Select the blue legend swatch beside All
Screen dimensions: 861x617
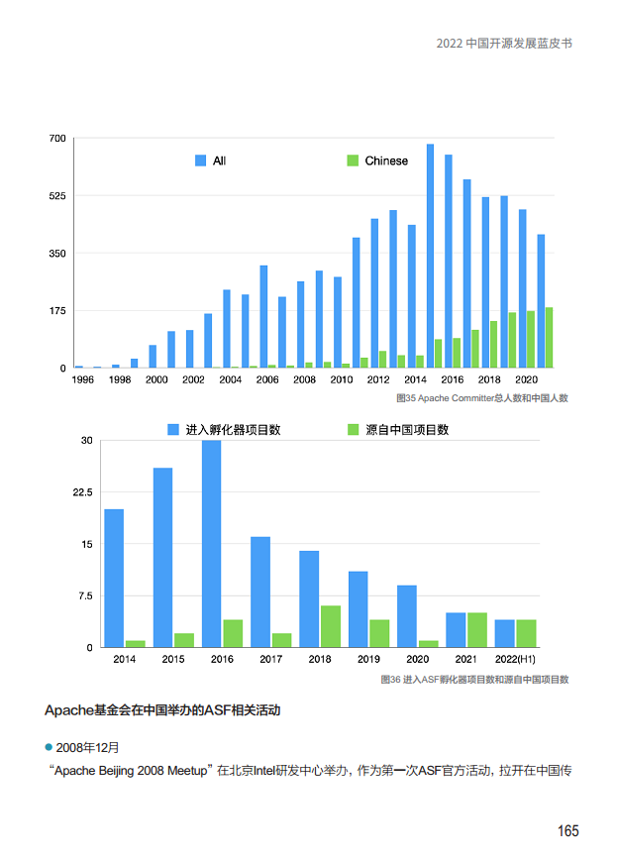tap(201, 161)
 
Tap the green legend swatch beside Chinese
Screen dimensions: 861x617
tap(352, 161)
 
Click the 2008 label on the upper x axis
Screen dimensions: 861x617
tap(304, 379)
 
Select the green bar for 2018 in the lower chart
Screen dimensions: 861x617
tap(330, 626)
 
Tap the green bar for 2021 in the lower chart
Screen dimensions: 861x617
tap(476, 630)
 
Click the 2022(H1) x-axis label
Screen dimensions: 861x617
tap(515, 659)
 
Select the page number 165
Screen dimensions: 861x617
tap(566, 830)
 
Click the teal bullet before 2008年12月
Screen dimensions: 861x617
tap(49, 745)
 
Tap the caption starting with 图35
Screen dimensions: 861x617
tap(481, 398)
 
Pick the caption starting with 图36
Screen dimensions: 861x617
tap(474, 680)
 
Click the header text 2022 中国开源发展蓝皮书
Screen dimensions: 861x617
tap(504, 45)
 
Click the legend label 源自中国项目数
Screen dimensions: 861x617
tap(407, 430)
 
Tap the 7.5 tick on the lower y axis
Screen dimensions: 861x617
tap(84, 596)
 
